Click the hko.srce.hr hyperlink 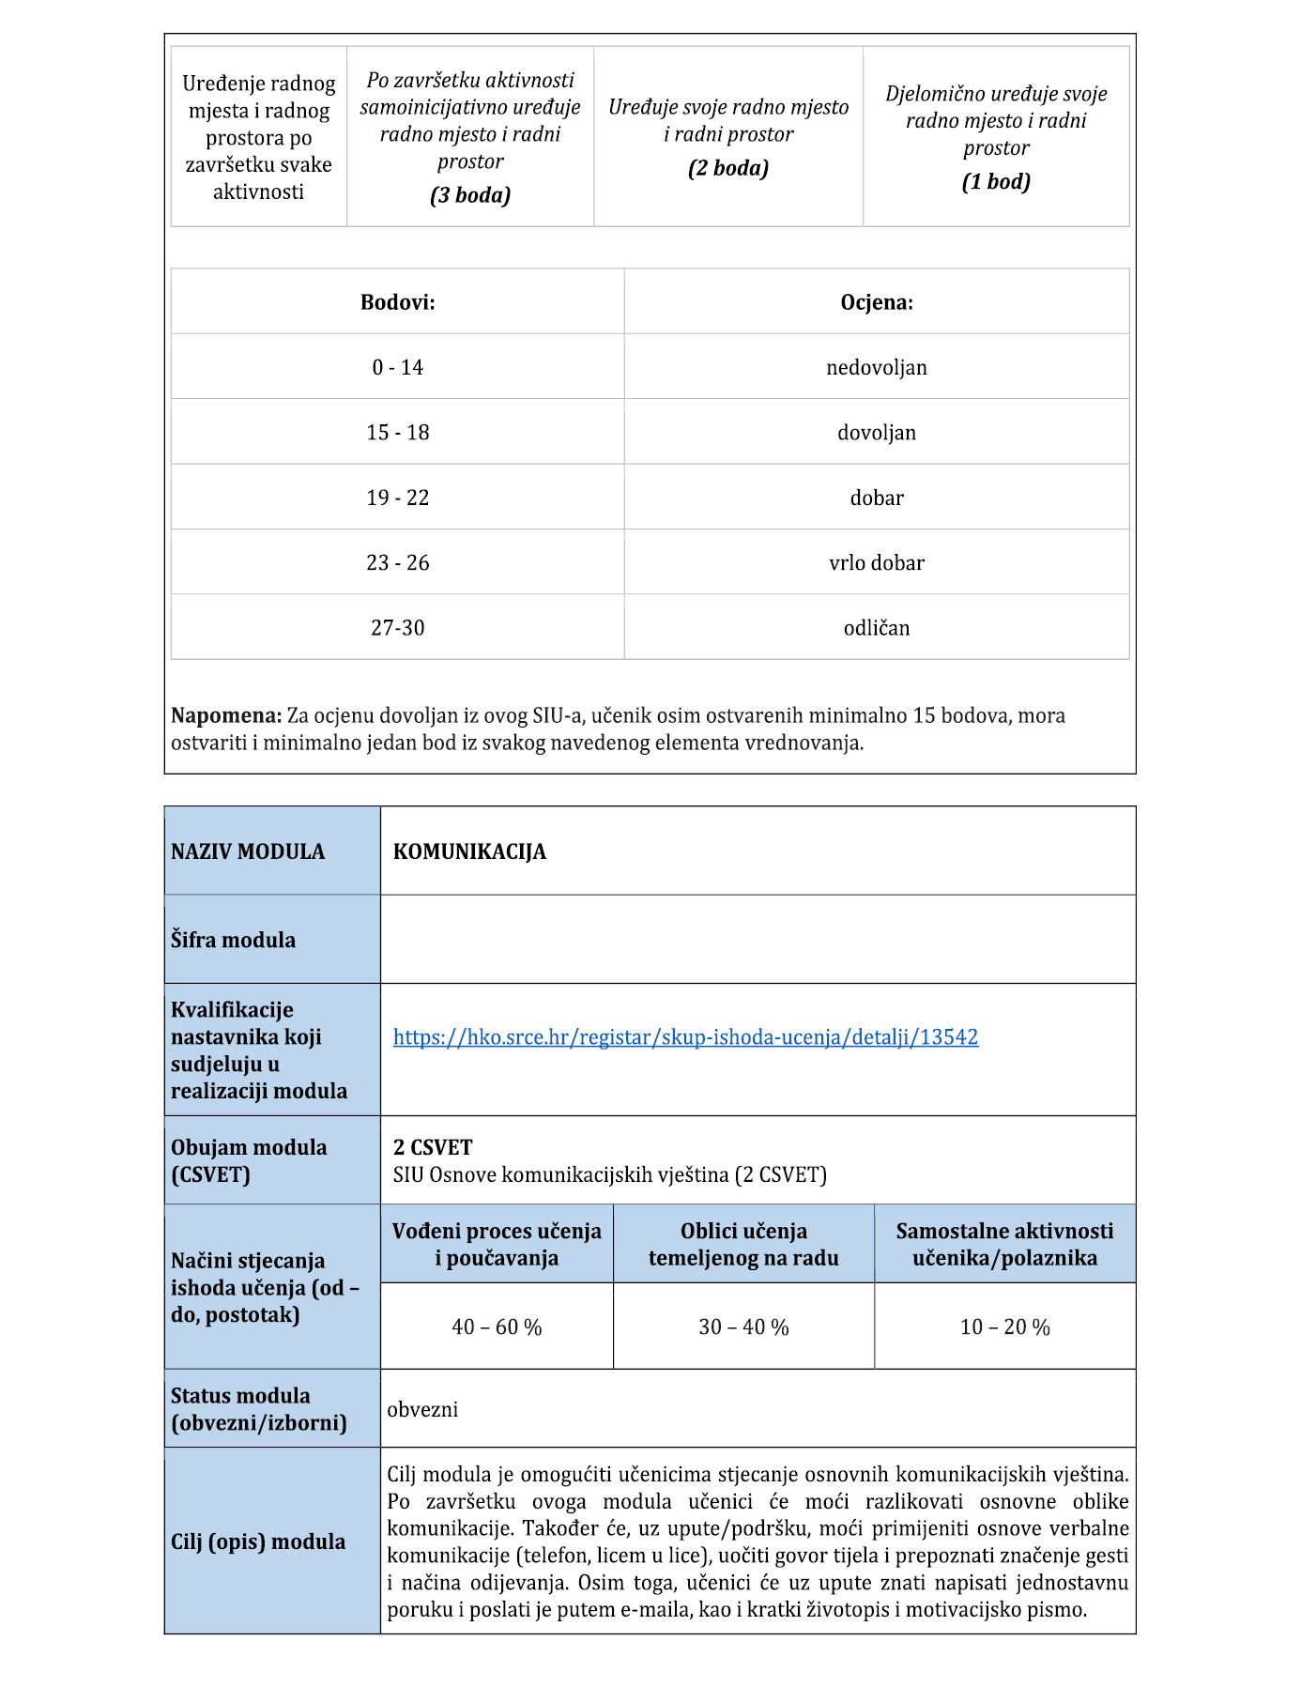(685, 1037)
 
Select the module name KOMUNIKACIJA (469, 851)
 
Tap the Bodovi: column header (398, 302)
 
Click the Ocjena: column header (877, 302)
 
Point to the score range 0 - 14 (398, 367)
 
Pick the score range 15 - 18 (398, 433)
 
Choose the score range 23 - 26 (398, 563)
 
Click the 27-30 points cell (398, 628)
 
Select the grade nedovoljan (877, 367)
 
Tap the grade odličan (877, 628)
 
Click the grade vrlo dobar (877, 563)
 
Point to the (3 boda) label (470, 195)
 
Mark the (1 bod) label (996, 182)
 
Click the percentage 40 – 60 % (497, 1327)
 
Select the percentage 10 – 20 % (1004, 1327)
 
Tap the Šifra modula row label (233, 940)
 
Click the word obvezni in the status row (422, 1409)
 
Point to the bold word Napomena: (226, 715)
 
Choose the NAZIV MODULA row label (248, 851)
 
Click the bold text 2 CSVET (433, 1147)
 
